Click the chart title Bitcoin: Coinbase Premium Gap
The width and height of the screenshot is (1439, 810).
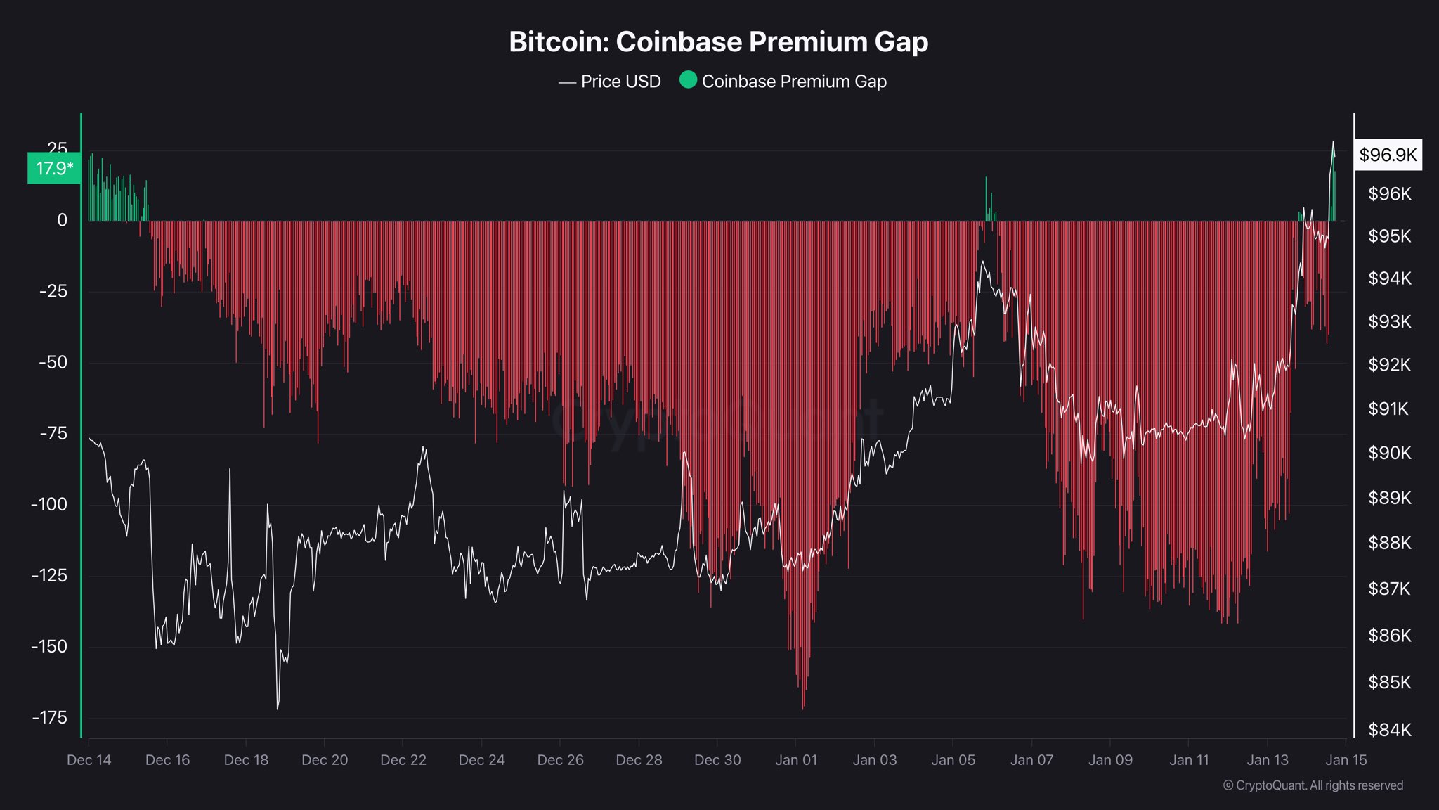(x=718, y=42)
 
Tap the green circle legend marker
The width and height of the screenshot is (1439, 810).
(x=688, y=80)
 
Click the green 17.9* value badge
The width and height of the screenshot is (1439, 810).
(x=54, y=169)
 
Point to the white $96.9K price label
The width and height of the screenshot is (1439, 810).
(x=1388, y=155)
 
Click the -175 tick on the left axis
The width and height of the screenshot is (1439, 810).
(x=49, y=717)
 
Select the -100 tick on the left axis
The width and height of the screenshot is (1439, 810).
(x=49, y=504)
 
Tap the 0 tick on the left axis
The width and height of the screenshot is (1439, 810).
(x=62, y=220)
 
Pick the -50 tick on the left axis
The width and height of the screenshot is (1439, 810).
(x=53, y=362)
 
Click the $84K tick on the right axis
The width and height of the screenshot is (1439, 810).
(x=1389, y=730)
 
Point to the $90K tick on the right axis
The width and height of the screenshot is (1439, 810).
(x=1389, y=453)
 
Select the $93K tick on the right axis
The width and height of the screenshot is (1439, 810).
(x=1389, y=321)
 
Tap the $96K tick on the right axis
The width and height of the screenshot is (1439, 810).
(x=1389, y=193)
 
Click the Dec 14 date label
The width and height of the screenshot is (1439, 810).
(x=89, y=760)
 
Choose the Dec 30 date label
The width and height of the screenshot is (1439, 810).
(x=717, y=760)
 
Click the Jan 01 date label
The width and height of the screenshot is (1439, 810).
(x=796, y=760)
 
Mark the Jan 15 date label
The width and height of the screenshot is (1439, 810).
(x=1346, y=760)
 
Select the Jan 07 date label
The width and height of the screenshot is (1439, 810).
(x=1031, y=760)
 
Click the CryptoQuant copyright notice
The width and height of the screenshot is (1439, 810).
(x=1313, y=785)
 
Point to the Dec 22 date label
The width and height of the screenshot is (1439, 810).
(x=403, y=760)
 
